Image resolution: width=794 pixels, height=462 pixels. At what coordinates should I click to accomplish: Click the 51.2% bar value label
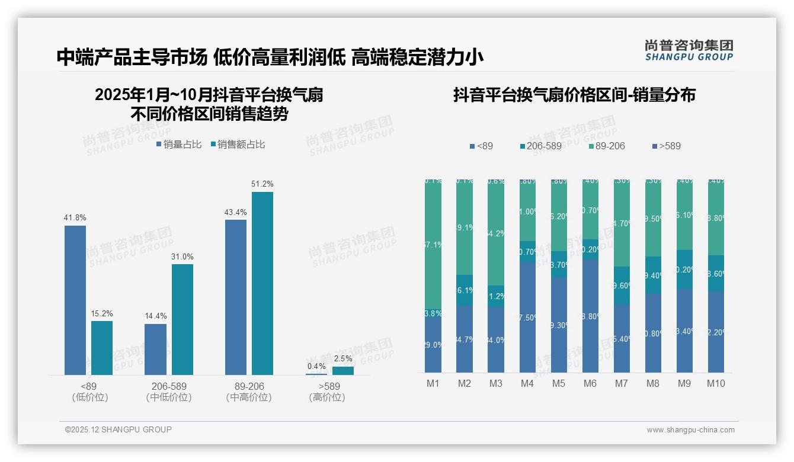[262, 184]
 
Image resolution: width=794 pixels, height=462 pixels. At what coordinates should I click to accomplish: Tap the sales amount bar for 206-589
[183, 319]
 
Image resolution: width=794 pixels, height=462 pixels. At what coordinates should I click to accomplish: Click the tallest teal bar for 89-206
[262, 283]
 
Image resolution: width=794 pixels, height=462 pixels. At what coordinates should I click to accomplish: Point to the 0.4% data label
[316, 366]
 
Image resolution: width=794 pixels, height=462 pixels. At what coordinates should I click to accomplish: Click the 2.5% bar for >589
[342, 371]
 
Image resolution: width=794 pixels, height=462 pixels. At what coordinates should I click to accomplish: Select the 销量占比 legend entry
[179, 144]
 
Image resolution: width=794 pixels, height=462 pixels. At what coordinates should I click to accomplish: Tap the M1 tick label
[433, 383]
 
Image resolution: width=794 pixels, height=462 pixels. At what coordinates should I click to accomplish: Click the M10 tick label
[716, 383]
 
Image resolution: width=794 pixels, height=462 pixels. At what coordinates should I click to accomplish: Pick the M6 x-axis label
[590, 383]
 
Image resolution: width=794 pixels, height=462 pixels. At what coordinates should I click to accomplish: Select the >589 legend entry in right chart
[666, 146]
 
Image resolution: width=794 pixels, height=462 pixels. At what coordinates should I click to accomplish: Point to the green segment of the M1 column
[433, 246]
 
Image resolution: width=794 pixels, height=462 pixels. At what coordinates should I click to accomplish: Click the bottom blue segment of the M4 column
[527, 317]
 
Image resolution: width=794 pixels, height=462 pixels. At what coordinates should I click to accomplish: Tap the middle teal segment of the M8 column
[653, 275]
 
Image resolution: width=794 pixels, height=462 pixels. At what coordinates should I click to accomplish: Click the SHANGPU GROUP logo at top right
[689, 50]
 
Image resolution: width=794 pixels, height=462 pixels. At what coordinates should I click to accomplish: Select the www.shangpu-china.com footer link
[690, 430]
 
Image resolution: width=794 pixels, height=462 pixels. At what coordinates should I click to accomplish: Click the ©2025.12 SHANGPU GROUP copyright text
[119, 429]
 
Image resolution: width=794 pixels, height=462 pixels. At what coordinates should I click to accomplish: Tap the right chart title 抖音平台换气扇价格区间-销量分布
[574, 95]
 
